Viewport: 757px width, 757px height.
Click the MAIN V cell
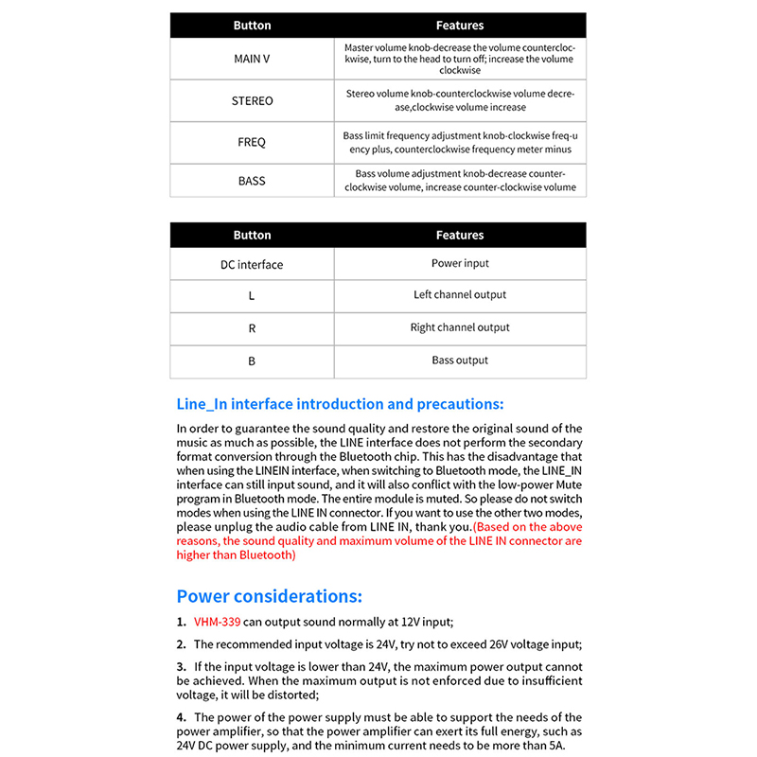252,59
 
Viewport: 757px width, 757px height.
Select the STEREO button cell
252,100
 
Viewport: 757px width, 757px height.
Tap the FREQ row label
252,142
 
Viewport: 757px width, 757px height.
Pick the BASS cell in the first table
252,181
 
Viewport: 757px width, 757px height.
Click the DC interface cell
252,264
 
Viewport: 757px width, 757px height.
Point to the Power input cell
460,263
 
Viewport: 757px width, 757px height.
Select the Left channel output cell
460,295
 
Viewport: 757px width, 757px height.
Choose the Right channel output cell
460,327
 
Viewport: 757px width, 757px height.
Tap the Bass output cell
460,361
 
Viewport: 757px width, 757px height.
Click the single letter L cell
252,296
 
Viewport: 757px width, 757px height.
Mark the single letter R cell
252,328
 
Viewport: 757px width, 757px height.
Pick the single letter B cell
252,361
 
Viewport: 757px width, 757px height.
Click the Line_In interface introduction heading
340,404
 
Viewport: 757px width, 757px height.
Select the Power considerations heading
269,596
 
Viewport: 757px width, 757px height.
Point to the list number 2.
181,644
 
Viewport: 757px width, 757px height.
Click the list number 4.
181,717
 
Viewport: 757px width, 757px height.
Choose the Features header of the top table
460,26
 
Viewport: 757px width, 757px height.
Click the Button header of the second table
252,235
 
